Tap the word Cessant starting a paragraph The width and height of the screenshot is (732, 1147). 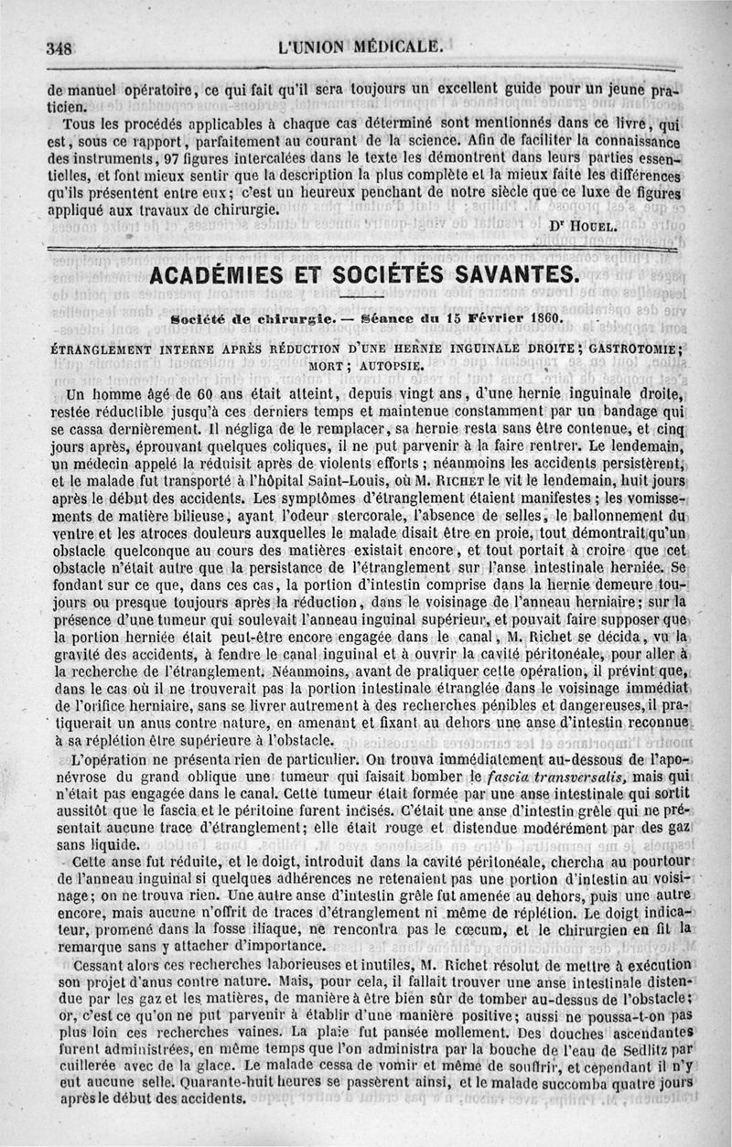[85, 965]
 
